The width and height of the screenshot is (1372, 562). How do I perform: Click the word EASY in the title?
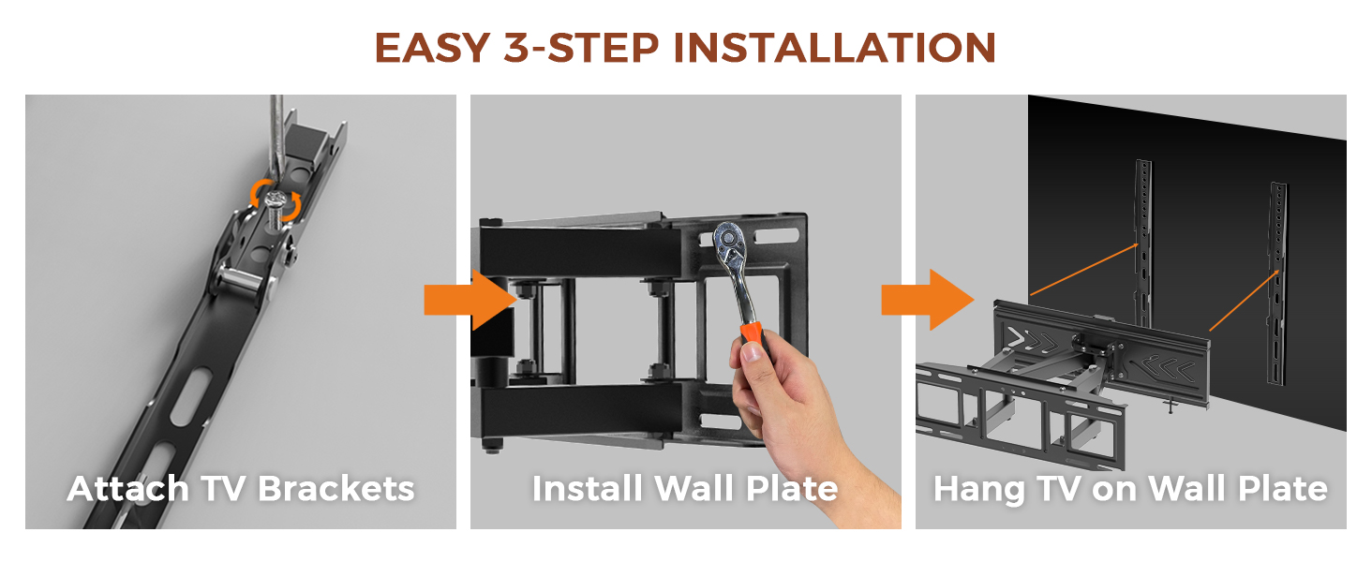pyautogui.click(x=432, y=48)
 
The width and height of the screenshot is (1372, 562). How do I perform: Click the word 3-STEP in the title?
pyautogui.click(x=582, y=48)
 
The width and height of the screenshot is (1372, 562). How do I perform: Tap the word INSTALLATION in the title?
pyautogui.click(x=835, y=48)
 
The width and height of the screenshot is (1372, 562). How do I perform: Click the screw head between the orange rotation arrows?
pyautogui.click(x=276, y=200)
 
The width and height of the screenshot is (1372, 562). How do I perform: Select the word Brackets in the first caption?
pyautogui.click(x=336, y=489)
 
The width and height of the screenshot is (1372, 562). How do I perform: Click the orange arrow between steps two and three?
pyautogui.click(x=928, y=300)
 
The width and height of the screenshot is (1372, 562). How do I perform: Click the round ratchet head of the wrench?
pyautogui.click(x=728, y=239)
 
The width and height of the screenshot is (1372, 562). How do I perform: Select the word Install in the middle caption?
pyautogui.click(x=587, y=489)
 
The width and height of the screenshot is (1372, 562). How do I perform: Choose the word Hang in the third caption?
pyautogui.click(x=978, y=490)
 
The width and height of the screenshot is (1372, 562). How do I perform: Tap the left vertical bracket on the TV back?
pyautogui.click(x=1143, y=243)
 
